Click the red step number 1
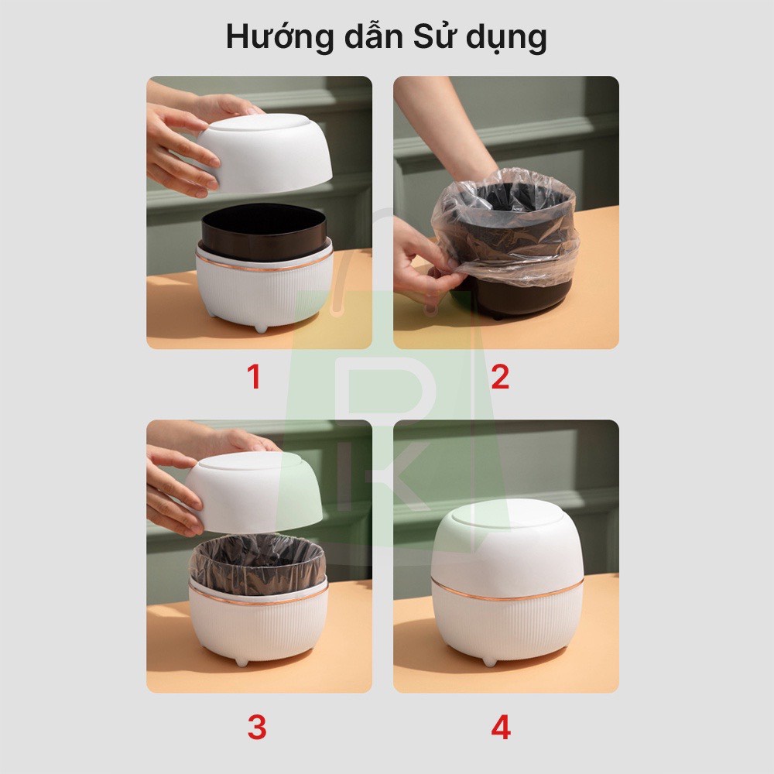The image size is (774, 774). coord(254,377)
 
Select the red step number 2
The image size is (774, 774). coord(500,377)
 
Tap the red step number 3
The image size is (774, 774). coord(256,728)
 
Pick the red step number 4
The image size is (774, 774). coord(501,728)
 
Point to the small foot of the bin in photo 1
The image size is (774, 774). coord(261,328)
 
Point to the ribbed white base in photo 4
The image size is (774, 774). coord(507,627)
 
